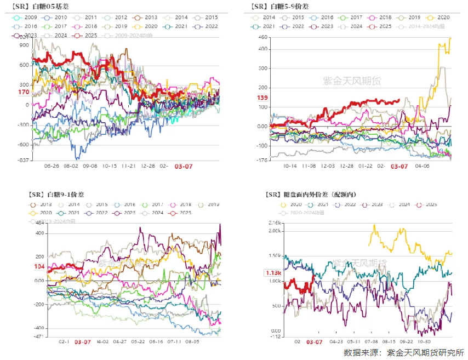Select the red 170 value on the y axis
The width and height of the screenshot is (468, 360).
[24, 93]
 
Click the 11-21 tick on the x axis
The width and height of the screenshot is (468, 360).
[129, 165]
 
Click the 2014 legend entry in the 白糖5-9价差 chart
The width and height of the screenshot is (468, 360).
[269, 18]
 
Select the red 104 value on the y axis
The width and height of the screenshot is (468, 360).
[39, 266]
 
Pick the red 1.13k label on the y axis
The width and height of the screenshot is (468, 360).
[273, 273]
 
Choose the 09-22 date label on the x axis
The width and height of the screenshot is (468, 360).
[407, 341]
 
